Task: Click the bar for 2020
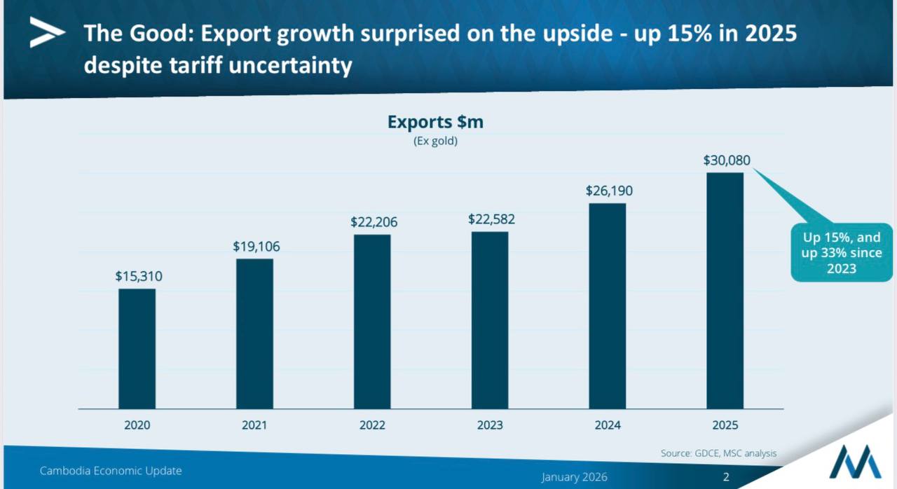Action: tap(137, 348)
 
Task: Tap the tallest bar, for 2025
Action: tap(725, 290)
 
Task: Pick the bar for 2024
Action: tap(607, 305)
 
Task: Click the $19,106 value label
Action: tap(256, 247)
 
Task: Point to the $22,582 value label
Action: tap(491, 219)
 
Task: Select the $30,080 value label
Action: tap(727, 160)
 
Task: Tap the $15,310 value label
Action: tap(139, 277)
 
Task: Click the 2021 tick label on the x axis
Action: tap(254, 425)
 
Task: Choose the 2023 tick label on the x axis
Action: tap(490, 425)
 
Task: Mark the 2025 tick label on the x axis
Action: tap(725, 425)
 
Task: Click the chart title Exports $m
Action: tap(435, 123)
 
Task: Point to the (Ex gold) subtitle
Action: tap(435, 142)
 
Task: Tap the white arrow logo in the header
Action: tap(47, 32)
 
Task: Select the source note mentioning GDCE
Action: tap(718, 453)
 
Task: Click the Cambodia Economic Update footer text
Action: tap(111, 471)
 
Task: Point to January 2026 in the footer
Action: tap(574, 477)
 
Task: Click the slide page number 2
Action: tap(726, 477)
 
